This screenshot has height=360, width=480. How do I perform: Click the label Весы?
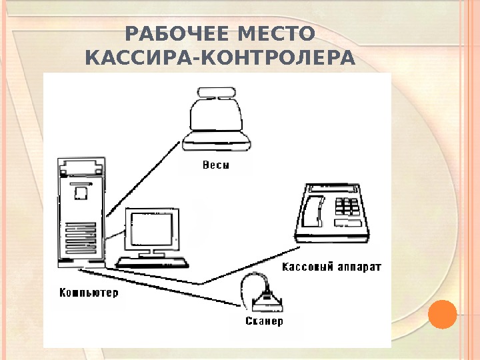pyautogui.click(x=215, y=165)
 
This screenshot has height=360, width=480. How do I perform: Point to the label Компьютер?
pyautogui.click(x=89, y=293)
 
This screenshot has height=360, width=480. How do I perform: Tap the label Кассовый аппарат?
pyautogui.click(x=331, y=267)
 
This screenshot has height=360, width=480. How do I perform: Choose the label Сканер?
pyautogui.click(x=264, y=321)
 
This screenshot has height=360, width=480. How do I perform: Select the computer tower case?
pyautogui.click(x=81, y=213)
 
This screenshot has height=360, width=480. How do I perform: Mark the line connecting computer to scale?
pyautogui.click(x=143, y=180)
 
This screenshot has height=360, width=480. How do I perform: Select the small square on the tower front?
pyautogui.click(x=81, y=193)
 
